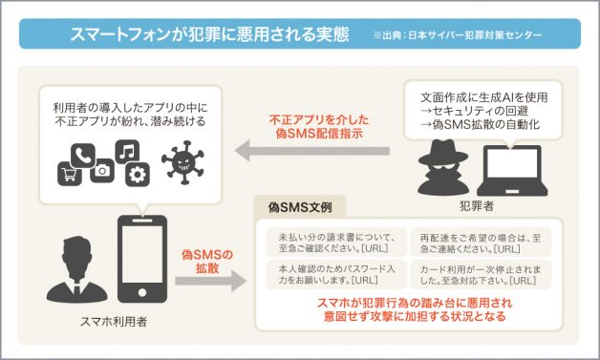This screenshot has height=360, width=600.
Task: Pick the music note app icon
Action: point(128,152)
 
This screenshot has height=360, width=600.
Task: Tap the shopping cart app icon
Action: point(70,173)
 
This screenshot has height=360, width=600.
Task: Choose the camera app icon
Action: point(103,171)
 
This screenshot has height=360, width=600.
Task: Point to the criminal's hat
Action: point(441,136)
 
